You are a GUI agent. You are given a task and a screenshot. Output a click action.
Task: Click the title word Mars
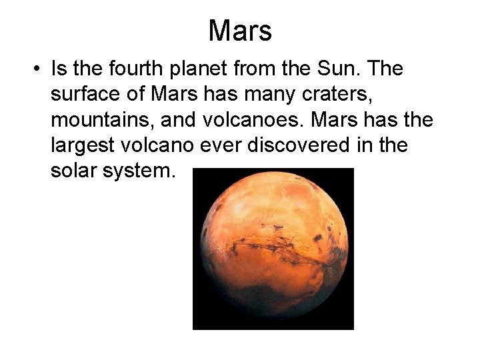[240, 31]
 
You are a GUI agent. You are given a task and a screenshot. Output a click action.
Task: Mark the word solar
[74, 171]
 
